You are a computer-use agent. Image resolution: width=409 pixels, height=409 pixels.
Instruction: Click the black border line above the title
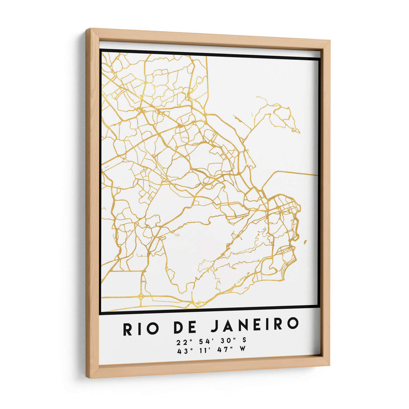(x=210, y=309)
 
